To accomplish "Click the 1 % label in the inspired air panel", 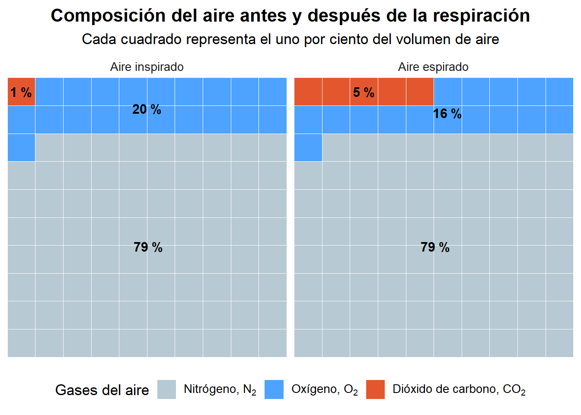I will tap(21, 92).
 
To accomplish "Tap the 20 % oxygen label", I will tap(147, 109).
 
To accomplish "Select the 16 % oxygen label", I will tap(447, 114).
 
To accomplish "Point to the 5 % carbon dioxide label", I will tap(364, 92).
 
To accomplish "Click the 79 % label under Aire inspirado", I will tap(148, 247).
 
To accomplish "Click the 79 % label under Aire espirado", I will tap(435, 247).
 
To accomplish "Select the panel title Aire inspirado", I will tap(147, 67).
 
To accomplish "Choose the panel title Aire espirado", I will tap(433, 67).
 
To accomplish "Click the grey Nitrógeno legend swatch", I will tap(166, 389).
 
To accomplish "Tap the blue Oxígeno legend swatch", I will tap(274, 389).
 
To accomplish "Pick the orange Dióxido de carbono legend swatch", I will tap(375, 389).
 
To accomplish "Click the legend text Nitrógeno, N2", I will tap(220, 389).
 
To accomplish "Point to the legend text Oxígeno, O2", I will tap(324, 389).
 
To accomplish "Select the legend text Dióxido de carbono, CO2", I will tap(459, 389).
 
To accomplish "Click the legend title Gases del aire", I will tap(102, 390).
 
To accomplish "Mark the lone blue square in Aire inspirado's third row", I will tap(21, 147).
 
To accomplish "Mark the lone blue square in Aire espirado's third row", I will tap(308, 147).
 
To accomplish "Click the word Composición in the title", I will tap(108, 16).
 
